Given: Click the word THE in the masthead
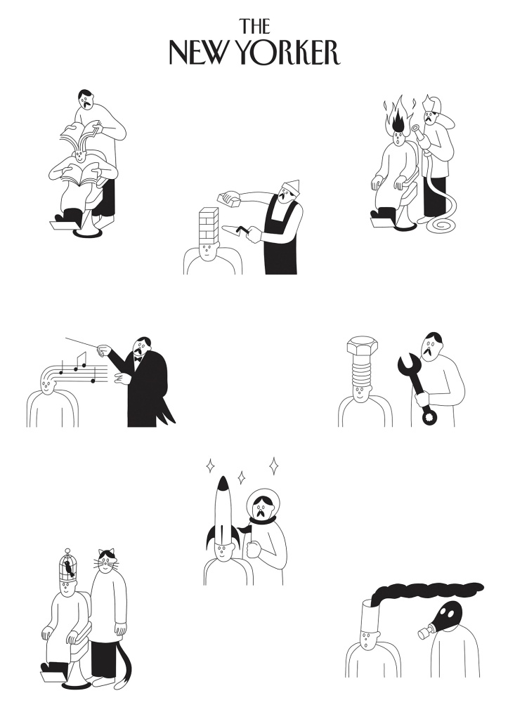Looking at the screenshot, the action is click(x=254, y=26).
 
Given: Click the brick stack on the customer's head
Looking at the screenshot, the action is click(x=209, y=225).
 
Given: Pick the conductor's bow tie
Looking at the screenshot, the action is click(x=137, y=359).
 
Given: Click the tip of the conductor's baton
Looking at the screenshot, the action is click(x=65, y=338).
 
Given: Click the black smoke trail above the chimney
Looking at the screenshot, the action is click(x=426, y=589).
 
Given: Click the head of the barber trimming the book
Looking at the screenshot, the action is click(x=86, y=98).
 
